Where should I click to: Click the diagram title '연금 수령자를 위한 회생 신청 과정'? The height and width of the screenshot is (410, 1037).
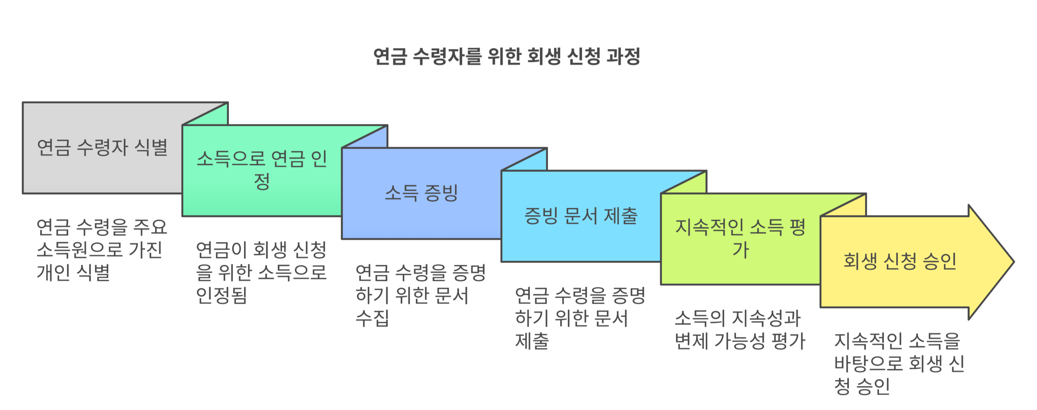[x=506, y=56]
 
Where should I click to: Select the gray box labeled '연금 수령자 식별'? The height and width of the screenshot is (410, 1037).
[x=102, y=147]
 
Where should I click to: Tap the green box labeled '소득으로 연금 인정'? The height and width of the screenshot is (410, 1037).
[x=262, y=170]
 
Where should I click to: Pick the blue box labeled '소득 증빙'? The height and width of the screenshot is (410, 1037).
[x=421, y=193]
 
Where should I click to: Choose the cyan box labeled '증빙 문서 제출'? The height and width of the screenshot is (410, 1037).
[x=580, y=216]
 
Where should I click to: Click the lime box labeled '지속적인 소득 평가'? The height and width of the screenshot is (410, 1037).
[x=740, y=239]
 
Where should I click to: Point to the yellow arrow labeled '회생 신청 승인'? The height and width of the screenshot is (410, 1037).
[x=899, y=261]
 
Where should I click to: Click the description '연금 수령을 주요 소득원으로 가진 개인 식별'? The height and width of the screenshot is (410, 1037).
[x=101, y=250]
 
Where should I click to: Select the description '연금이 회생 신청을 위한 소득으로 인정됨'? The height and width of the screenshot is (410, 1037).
[x=261, y=273]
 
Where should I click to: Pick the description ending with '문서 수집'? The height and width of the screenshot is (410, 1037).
[x=420, y=295]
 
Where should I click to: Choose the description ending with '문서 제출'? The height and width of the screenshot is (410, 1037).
[x=580, y=318]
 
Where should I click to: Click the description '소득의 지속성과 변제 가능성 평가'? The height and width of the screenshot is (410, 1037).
[x=739, y=329]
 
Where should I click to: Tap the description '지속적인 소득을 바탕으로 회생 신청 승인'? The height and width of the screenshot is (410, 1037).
[x=899, y=364]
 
